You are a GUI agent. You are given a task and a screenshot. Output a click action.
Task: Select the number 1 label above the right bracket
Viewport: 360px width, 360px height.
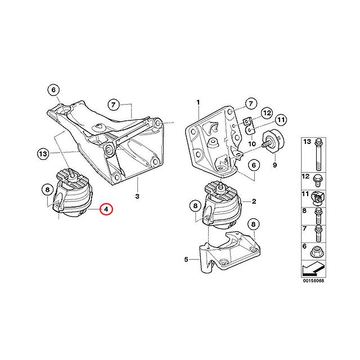coord(198,102)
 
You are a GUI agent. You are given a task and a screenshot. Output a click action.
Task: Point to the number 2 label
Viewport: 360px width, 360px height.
coord(254,201)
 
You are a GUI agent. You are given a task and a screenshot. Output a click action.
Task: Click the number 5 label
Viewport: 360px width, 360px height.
coord(186,259)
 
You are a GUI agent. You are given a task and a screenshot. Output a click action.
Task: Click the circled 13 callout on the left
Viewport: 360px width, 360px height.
coord(44,152)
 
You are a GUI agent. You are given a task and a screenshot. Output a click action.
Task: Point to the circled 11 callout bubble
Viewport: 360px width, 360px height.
coord(281,119)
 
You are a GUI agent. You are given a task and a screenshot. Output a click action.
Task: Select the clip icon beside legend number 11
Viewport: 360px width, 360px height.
coord(319,196)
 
